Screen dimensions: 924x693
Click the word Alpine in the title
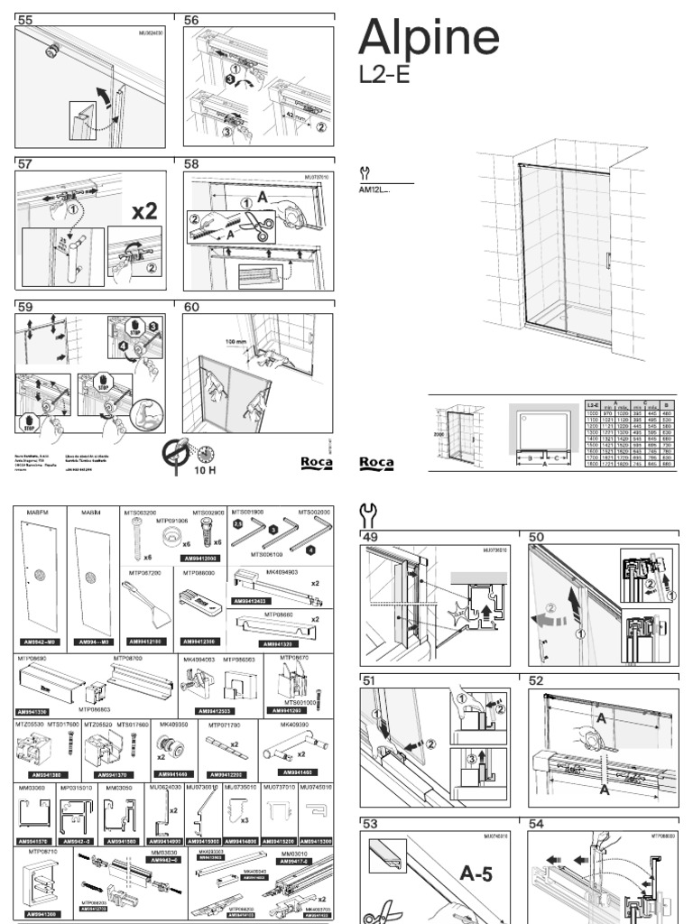(429, 38)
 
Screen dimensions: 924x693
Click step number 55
(24, 20)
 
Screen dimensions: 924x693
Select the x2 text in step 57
(143, 211)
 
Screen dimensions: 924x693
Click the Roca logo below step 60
(317, 462)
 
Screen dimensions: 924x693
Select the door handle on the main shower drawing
(609, 261)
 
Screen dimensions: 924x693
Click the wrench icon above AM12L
(365, 173)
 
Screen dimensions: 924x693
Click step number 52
(537, 680)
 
